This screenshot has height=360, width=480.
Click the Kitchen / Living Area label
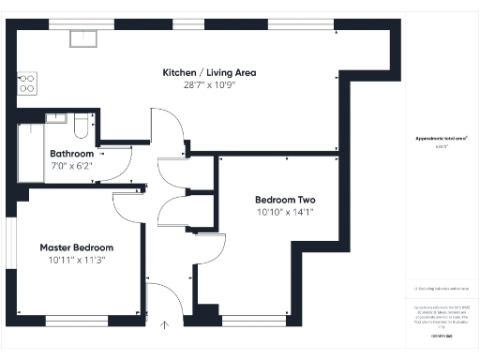click(209, 72)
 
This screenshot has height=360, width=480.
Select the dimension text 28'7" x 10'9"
click(209, 85)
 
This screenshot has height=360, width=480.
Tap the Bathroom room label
click(72, 154)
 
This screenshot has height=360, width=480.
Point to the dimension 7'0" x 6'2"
click(72, 166)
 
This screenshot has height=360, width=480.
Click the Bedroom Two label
click(285, 200)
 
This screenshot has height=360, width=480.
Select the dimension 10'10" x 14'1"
click(285, 213)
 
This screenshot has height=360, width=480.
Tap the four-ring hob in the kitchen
click(25, 83)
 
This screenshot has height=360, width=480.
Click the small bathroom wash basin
click(55, 119)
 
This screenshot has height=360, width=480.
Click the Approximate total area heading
click(442, 138)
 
